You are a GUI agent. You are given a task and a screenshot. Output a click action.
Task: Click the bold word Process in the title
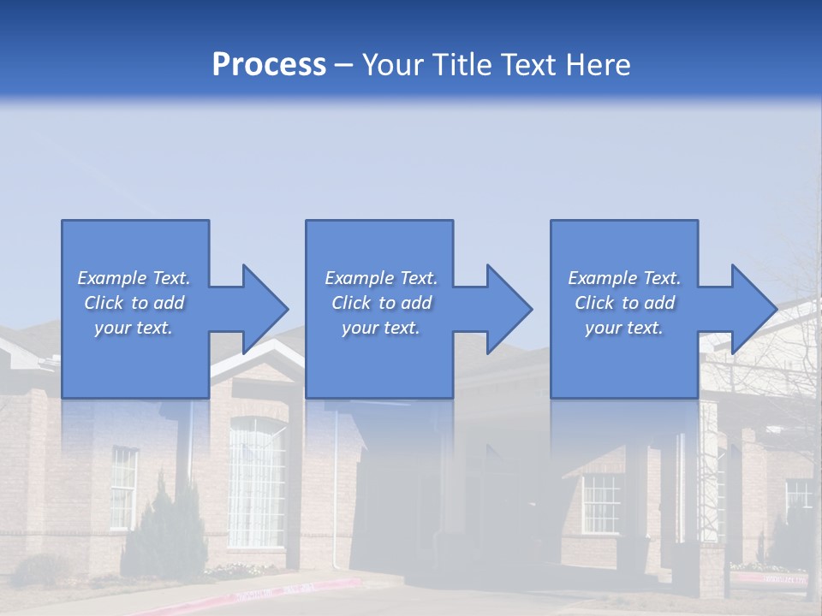pyautogui.click(x=269, y=65)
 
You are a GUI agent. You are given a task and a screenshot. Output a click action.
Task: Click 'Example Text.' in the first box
pyautogui.click(x=134, y=278)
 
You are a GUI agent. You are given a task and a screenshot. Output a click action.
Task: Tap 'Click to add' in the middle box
pyautogui.click(x=381, y=303)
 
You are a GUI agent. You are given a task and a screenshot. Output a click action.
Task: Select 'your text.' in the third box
pyautogui.click(x=624, y=328)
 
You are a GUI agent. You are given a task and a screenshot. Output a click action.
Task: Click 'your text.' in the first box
pyautogui.click(x=134, y=328)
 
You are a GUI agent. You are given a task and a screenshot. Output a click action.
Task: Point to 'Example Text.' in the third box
pyautogui.click(x=624, y=278)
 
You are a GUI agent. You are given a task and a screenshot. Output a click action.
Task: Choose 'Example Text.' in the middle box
pyautogui.click(x=381, y=278)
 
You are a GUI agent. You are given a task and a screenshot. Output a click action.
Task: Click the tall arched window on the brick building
pyautogui.click(x=256, y=483)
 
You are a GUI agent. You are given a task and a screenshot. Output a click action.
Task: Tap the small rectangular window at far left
pyautogui.click(x=123, y=488)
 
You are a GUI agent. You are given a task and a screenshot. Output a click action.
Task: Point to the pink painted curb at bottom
pyautogui.click(x=291, y=589)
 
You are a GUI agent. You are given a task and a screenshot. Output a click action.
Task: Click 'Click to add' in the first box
pyautogui.click(x=134, y=303)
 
